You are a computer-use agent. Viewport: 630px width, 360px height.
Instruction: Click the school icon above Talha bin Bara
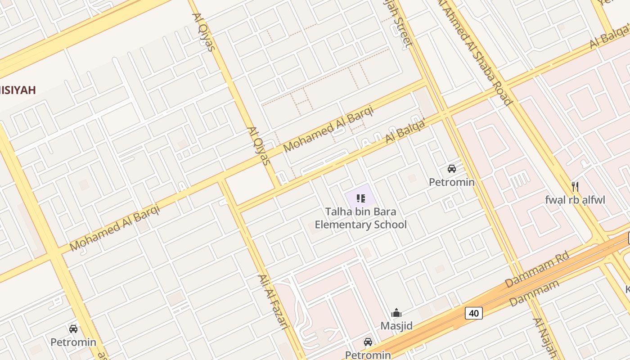point(360,198)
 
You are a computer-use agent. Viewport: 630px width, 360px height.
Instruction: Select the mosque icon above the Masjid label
point(396,313)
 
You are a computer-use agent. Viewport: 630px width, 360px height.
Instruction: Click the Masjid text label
point(396,325)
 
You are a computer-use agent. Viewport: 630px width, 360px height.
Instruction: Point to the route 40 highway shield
point(474,313)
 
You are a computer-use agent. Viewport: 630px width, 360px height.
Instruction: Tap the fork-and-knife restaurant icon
point(575,186)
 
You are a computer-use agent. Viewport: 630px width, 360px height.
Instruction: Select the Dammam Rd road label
point(537,270)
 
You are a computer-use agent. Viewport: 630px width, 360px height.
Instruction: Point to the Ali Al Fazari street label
point(273,301)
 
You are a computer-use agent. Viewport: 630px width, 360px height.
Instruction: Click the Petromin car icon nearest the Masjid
point(368,342)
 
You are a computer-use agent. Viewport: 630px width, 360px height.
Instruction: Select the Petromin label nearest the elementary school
point(451,182)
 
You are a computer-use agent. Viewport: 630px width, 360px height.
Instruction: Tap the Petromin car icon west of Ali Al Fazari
point(73,329)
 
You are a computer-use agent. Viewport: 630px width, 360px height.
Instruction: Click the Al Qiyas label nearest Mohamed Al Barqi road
point(258,145)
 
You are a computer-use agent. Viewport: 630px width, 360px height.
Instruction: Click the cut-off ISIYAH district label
point(18,90)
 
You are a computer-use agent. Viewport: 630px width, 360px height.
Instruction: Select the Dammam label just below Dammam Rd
point(534,293)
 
